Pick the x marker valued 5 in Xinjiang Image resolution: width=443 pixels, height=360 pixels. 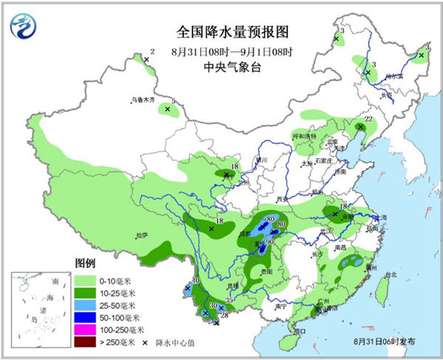[168, 109]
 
